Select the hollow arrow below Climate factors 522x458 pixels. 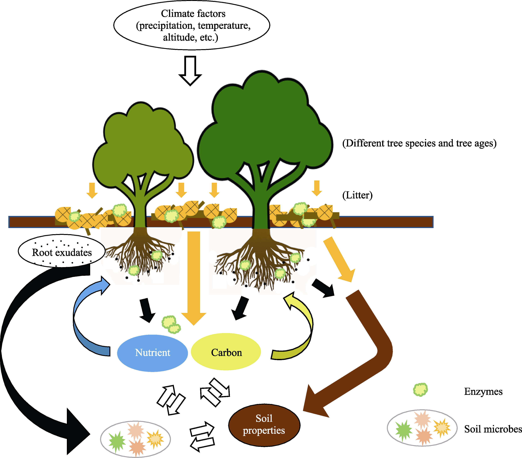click(x=190, y=70)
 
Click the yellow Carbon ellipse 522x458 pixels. click(x=226, y=352)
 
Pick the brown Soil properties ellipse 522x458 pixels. click(x=264, y=425)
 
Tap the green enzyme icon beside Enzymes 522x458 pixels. click(x=420, y=390)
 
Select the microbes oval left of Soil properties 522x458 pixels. click(x=135, y=439)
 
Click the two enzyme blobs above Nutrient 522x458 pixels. click(x=171, y=325)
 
